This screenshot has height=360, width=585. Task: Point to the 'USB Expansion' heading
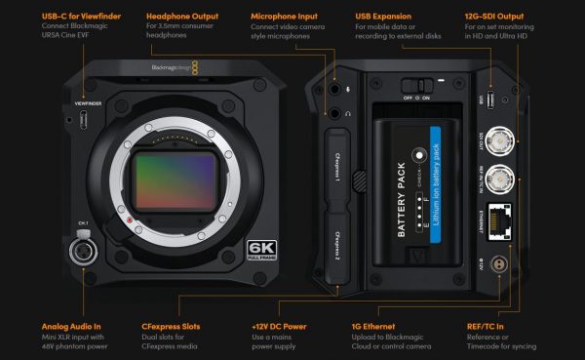pyautogui.click(x=392, y=17)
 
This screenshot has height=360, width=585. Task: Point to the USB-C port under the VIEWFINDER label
pyautogui.click(x=84, y=120)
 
